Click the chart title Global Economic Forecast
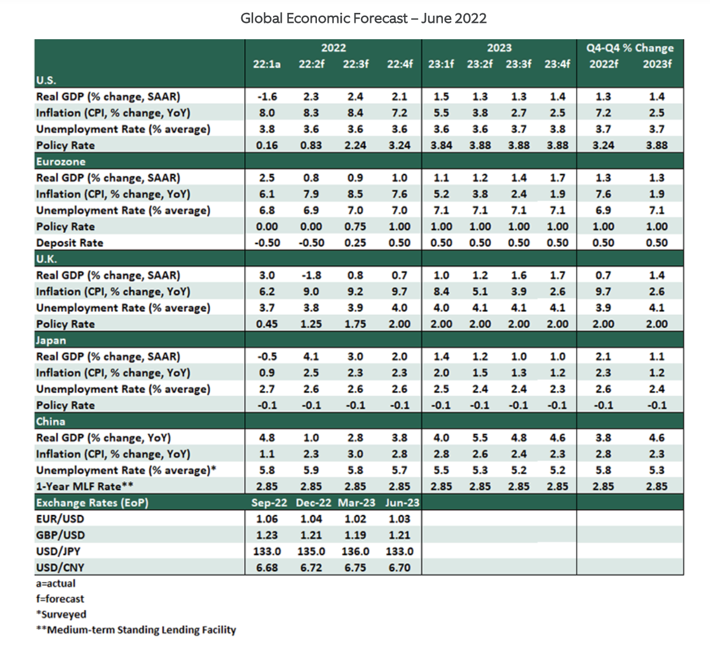coord(363,18)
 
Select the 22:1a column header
coord(267,64)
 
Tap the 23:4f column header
coord(557,64)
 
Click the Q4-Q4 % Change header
coord(630,48)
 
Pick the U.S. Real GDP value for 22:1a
coord(267,97)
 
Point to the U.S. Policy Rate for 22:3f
coord(355,145)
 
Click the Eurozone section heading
coord(61,162)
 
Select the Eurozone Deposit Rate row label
coord(70,243)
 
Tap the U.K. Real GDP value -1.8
coord(311,275)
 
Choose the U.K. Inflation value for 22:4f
coord(400,291)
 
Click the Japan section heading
coord(51,340)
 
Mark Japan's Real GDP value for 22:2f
coord(311,356)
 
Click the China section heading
coord(50,421)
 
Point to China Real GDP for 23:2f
coord(480,438)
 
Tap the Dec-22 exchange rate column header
coord(313,503)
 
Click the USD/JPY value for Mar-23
coord(355,551)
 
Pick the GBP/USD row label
coord(60,535)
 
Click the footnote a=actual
coord(56,584)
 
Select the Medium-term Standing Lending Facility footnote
coord(136,630)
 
